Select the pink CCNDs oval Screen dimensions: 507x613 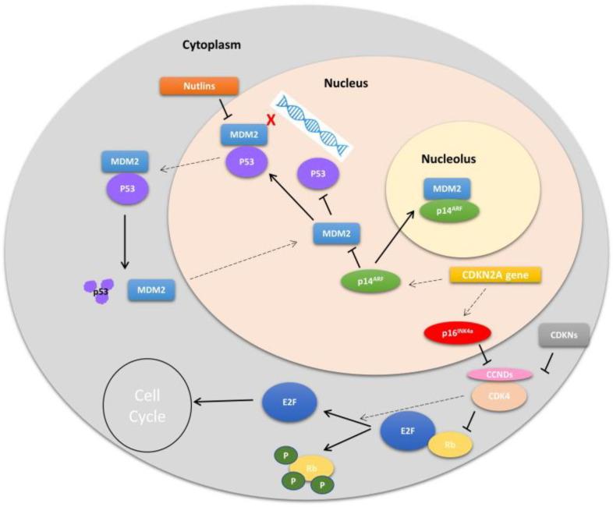[x=499, y=375]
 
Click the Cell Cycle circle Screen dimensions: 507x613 [x=148, y=406]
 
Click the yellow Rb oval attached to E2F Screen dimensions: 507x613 [x=450, y=445]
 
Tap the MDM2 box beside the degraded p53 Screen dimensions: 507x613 [x=150, y=290]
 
